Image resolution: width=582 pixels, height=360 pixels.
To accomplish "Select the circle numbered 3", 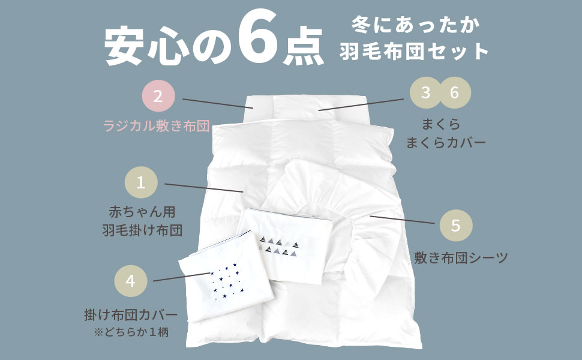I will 426,93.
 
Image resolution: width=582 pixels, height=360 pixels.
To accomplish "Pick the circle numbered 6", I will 454,93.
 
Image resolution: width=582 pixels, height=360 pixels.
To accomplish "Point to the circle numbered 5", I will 456,226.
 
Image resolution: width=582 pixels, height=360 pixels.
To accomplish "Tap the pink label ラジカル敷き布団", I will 156,126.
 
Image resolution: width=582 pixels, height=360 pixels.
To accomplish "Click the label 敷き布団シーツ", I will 461,259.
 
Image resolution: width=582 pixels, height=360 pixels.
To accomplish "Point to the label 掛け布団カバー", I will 131,314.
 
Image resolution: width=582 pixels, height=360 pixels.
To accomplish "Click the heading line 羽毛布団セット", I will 415,52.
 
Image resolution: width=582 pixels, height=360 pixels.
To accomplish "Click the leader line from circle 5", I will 402,219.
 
